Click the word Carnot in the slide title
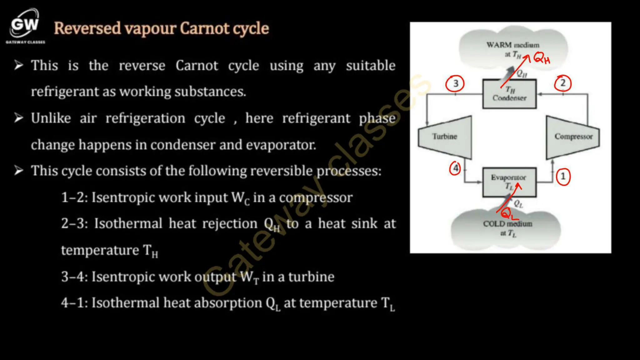tap(205, 28)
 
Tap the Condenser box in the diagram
tap(509, 94)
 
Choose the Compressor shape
tap(573, 137)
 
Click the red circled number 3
tap(455, 83)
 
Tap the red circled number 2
tap(563, 83)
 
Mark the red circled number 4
tap(455, 168)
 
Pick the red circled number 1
tap(563, 177)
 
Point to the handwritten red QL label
tap(509, 214)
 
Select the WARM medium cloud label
tap(513, 45)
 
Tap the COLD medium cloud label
tap(507, 224)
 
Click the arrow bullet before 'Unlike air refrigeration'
tap(19, 118)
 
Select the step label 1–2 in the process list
tap(74, 198)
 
